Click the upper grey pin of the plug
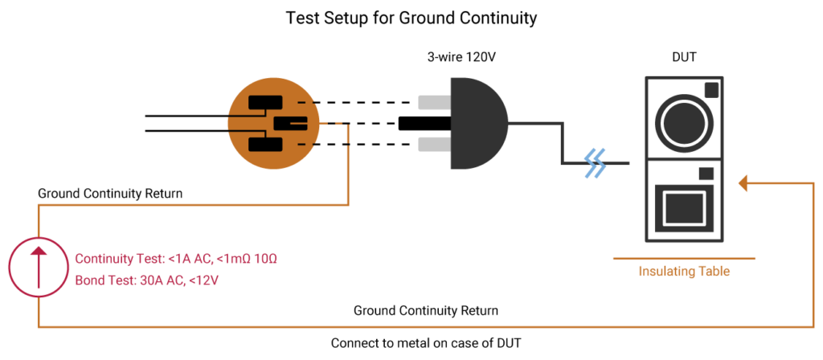point(434,102)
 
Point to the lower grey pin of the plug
point(434,145)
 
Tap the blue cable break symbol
point(596,163)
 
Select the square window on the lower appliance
point(684,207)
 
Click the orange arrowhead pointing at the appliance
point(743,184)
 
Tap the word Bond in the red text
point(88,281)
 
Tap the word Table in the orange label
point(713,272)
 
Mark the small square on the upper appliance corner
point(711,90)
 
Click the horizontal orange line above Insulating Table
point(684,259)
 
